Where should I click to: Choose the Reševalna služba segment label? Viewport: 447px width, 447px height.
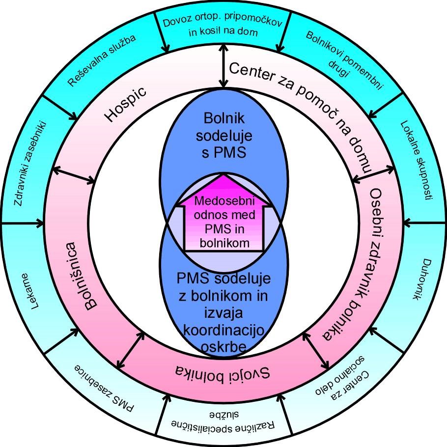pyautogui.click(x=102, y=60)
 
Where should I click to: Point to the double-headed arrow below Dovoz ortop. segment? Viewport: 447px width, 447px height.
pyautogui.click(x=223, y=64)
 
